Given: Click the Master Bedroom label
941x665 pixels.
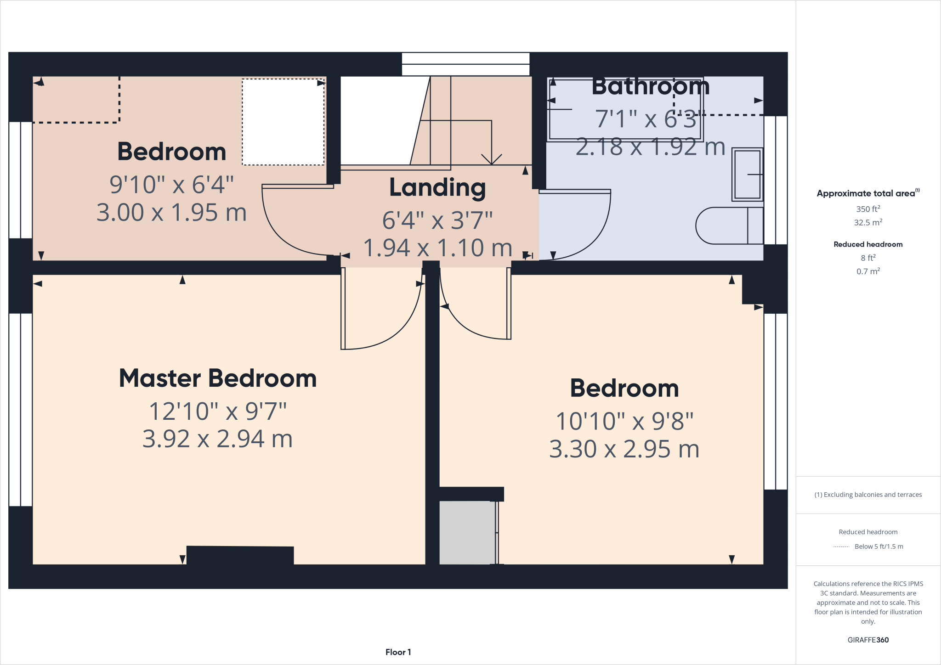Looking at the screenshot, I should [x=218, y=378].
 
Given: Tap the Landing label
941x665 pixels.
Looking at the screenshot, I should [x=437, y=187].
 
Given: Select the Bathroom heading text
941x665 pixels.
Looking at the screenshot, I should [x=650, y=87].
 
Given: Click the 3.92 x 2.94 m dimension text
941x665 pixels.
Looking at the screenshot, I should [x=218, y=439].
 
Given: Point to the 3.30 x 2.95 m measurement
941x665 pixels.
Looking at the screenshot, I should [x=624, y=449].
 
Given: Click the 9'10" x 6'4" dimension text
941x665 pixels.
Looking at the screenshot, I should [x=172, y=185].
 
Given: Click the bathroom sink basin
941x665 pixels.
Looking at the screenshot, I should [x=747, y=175].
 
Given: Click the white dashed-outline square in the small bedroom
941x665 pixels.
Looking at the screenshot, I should [x=283, y=122].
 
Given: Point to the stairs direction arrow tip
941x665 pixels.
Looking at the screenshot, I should [x=492, y=163].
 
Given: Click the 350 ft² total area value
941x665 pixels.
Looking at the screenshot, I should [x=868, y=209].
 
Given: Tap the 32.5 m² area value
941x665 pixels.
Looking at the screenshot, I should [x=868, y=223].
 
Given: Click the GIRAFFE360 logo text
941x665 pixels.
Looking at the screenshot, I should [x=868, y=640].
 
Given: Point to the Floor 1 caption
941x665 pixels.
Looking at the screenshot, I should [x=398, y=652].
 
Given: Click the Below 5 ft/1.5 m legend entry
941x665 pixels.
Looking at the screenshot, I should [x=879, y=547].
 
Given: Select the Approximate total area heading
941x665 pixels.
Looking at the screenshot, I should [x=867, y=193].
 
